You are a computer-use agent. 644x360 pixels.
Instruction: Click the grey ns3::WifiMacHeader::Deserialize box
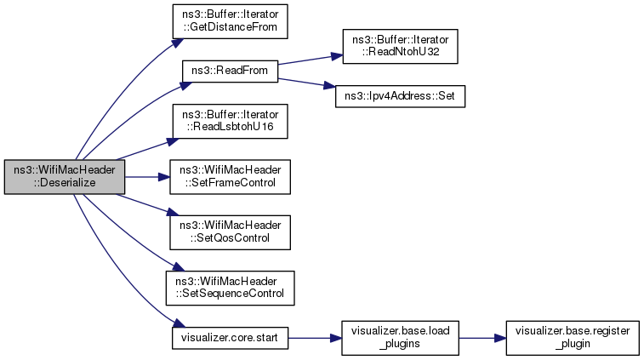(65, 177)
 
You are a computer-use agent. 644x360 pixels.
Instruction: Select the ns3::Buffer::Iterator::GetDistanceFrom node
(230, 21)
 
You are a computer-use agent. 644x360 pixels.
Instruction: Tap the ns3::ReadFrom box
(230, 71)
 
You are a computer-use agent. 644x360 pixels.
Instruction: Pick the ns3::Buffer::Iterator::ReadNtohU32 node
(400, 47)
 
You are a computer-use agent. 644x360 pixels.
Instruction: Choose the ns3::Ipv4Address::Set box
(400, 96)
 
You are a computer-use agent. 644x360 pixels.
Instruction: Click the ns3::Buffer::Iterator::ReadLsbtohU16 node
(230, 121)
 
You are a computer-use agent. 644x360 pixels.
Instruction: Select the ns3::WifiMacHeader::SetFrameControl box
(230, 177)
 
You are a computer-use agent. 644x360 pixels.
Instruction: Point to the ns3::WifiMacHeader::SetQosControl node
(230, 232)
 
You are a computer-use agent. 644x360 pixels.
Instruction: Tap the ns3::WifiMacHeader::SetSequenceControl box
(230, 288)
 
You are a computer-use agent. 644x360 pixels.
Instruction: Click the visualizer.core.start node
(230, 338)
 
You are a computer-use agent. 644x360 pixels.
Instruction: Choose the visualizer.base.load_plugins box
(400, 338)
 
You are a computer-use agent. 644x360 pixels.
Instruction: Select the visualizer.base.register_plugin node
(573, 338)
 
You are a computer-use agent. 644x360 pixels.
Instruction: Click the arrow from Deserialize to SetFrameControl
(147, 177)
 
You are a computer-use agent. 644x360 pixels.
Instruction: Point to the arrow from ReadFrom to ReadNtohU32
(310, 60)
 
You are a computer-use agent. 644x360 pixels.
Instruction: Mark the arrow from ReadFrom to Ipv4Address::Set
(306, 83)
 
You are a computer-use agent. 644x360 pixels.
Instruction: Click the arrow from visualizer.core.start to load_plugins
(315, 338)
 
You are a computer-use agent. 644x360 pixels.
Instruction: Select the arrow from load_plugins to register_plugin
(482, 338)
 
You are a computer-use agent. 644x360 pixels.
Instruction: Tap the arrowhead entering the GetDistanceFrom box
(178, 43)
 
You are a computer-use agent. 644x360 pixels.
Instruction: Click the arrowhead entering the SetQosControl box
(174, 213)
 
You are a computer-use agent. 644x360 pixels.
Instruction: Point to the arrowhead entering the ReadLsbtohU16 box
(174, 141)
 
